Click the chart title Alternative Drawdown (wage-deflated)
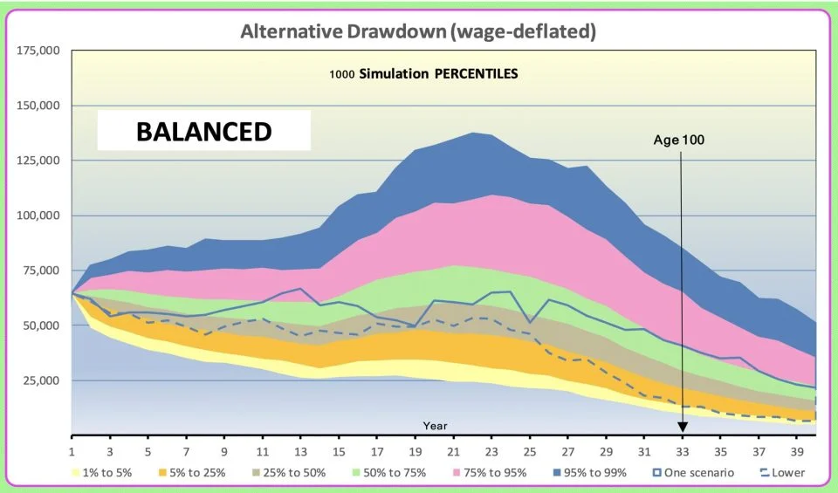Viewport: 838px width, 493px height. [418, 32]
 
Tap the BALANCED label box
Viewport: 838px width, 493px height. [203, 133]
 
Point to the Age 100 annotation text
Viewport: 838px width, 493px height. [679, 139]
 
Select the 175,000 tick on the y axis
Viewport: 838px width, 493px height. [38, 51]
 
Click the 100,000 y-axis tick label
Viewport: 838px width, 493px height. [38, 216]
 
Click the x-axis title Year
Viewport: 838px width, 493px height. [435, 426]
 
